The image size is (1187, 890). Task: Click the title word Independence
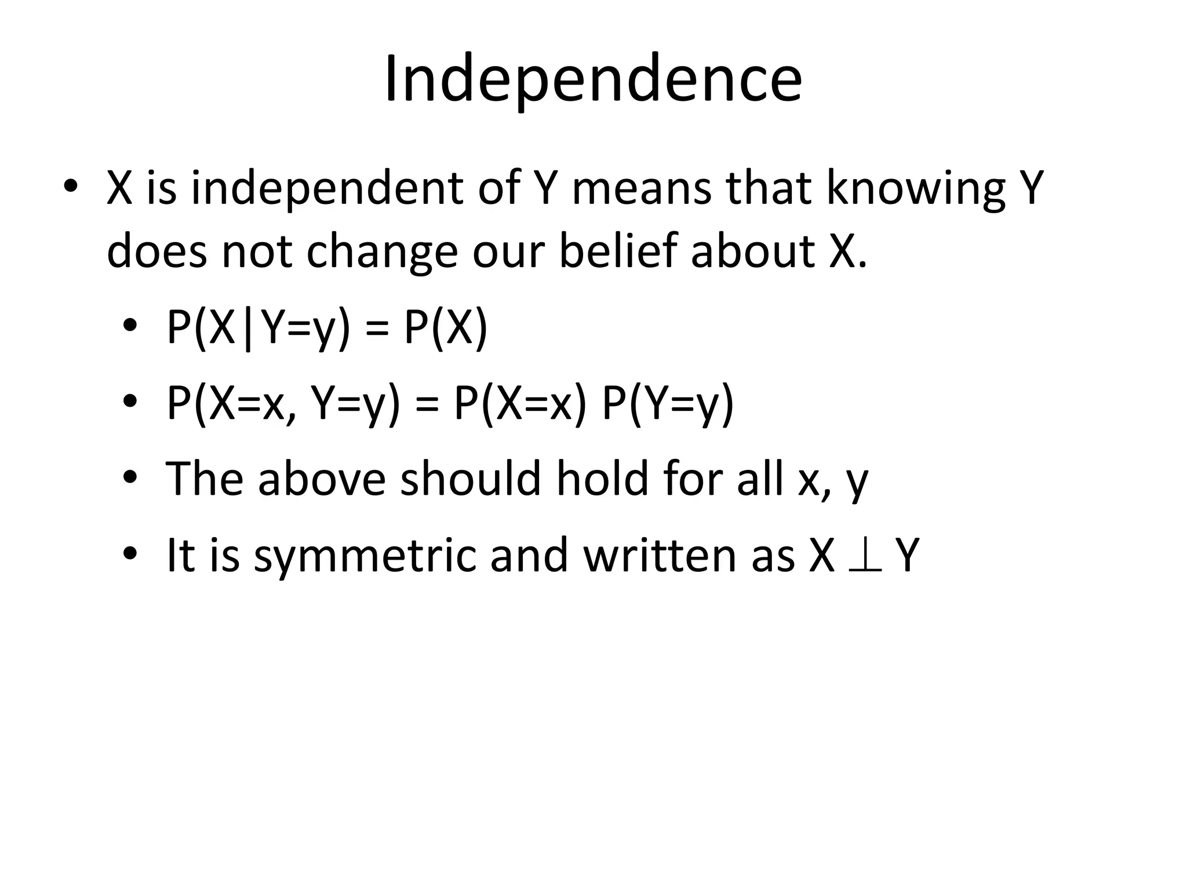click(593, 79)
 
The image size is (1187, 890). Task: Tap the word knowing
click(916, 190)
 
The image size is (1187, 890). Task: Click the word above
click(322, 479)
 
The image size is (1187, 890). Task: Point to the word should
click(470, 479)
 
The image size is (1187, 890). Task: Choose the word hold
click(602, 479)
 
